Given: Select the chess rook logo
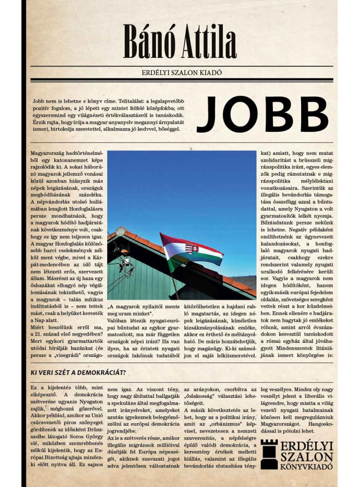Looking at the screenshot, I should pos(269,454).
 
